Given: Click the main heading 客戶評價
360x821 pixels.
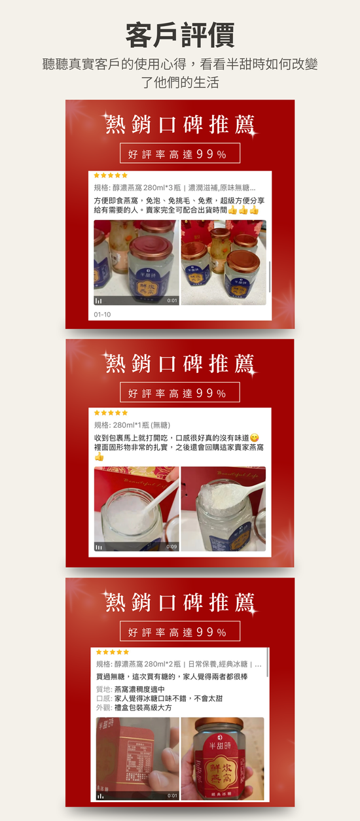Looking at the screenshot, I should pos(180,35).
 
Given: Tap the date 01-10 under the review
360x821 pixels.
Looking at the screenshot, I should pos(102,314).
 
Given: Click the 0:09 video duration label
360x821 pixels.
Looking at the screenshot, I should pos(171,546).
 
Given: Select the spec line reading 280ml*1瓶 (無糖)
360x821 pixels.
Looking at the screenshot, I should pos(132,425).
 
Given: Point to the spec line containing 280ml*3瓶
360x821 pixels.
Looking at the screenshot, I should pos(175,187).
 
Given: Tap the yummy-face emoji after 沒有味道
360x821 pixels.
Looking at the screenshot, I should pos(255,437).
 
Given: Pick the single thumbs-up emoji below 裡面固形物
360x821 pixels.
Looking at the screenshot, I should pos(99,457).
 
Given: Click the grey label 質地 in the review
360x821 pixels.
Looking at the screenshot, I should pos(103,690).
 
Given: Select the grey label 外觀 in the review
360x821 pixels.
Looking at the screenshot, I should pos(103,707).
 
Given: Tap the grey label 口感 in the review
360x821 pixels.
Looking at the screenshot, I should pos(103,698).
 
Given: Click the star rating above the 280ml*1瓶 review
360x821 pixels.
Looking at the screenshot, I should pos(111,413).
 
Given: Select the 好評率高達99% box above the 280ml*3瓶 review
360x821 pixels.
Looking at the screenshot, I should pos(180,154).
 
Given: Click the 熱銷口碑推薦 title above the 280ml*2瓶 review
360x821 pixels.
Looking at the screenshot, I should pos(180,601).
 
